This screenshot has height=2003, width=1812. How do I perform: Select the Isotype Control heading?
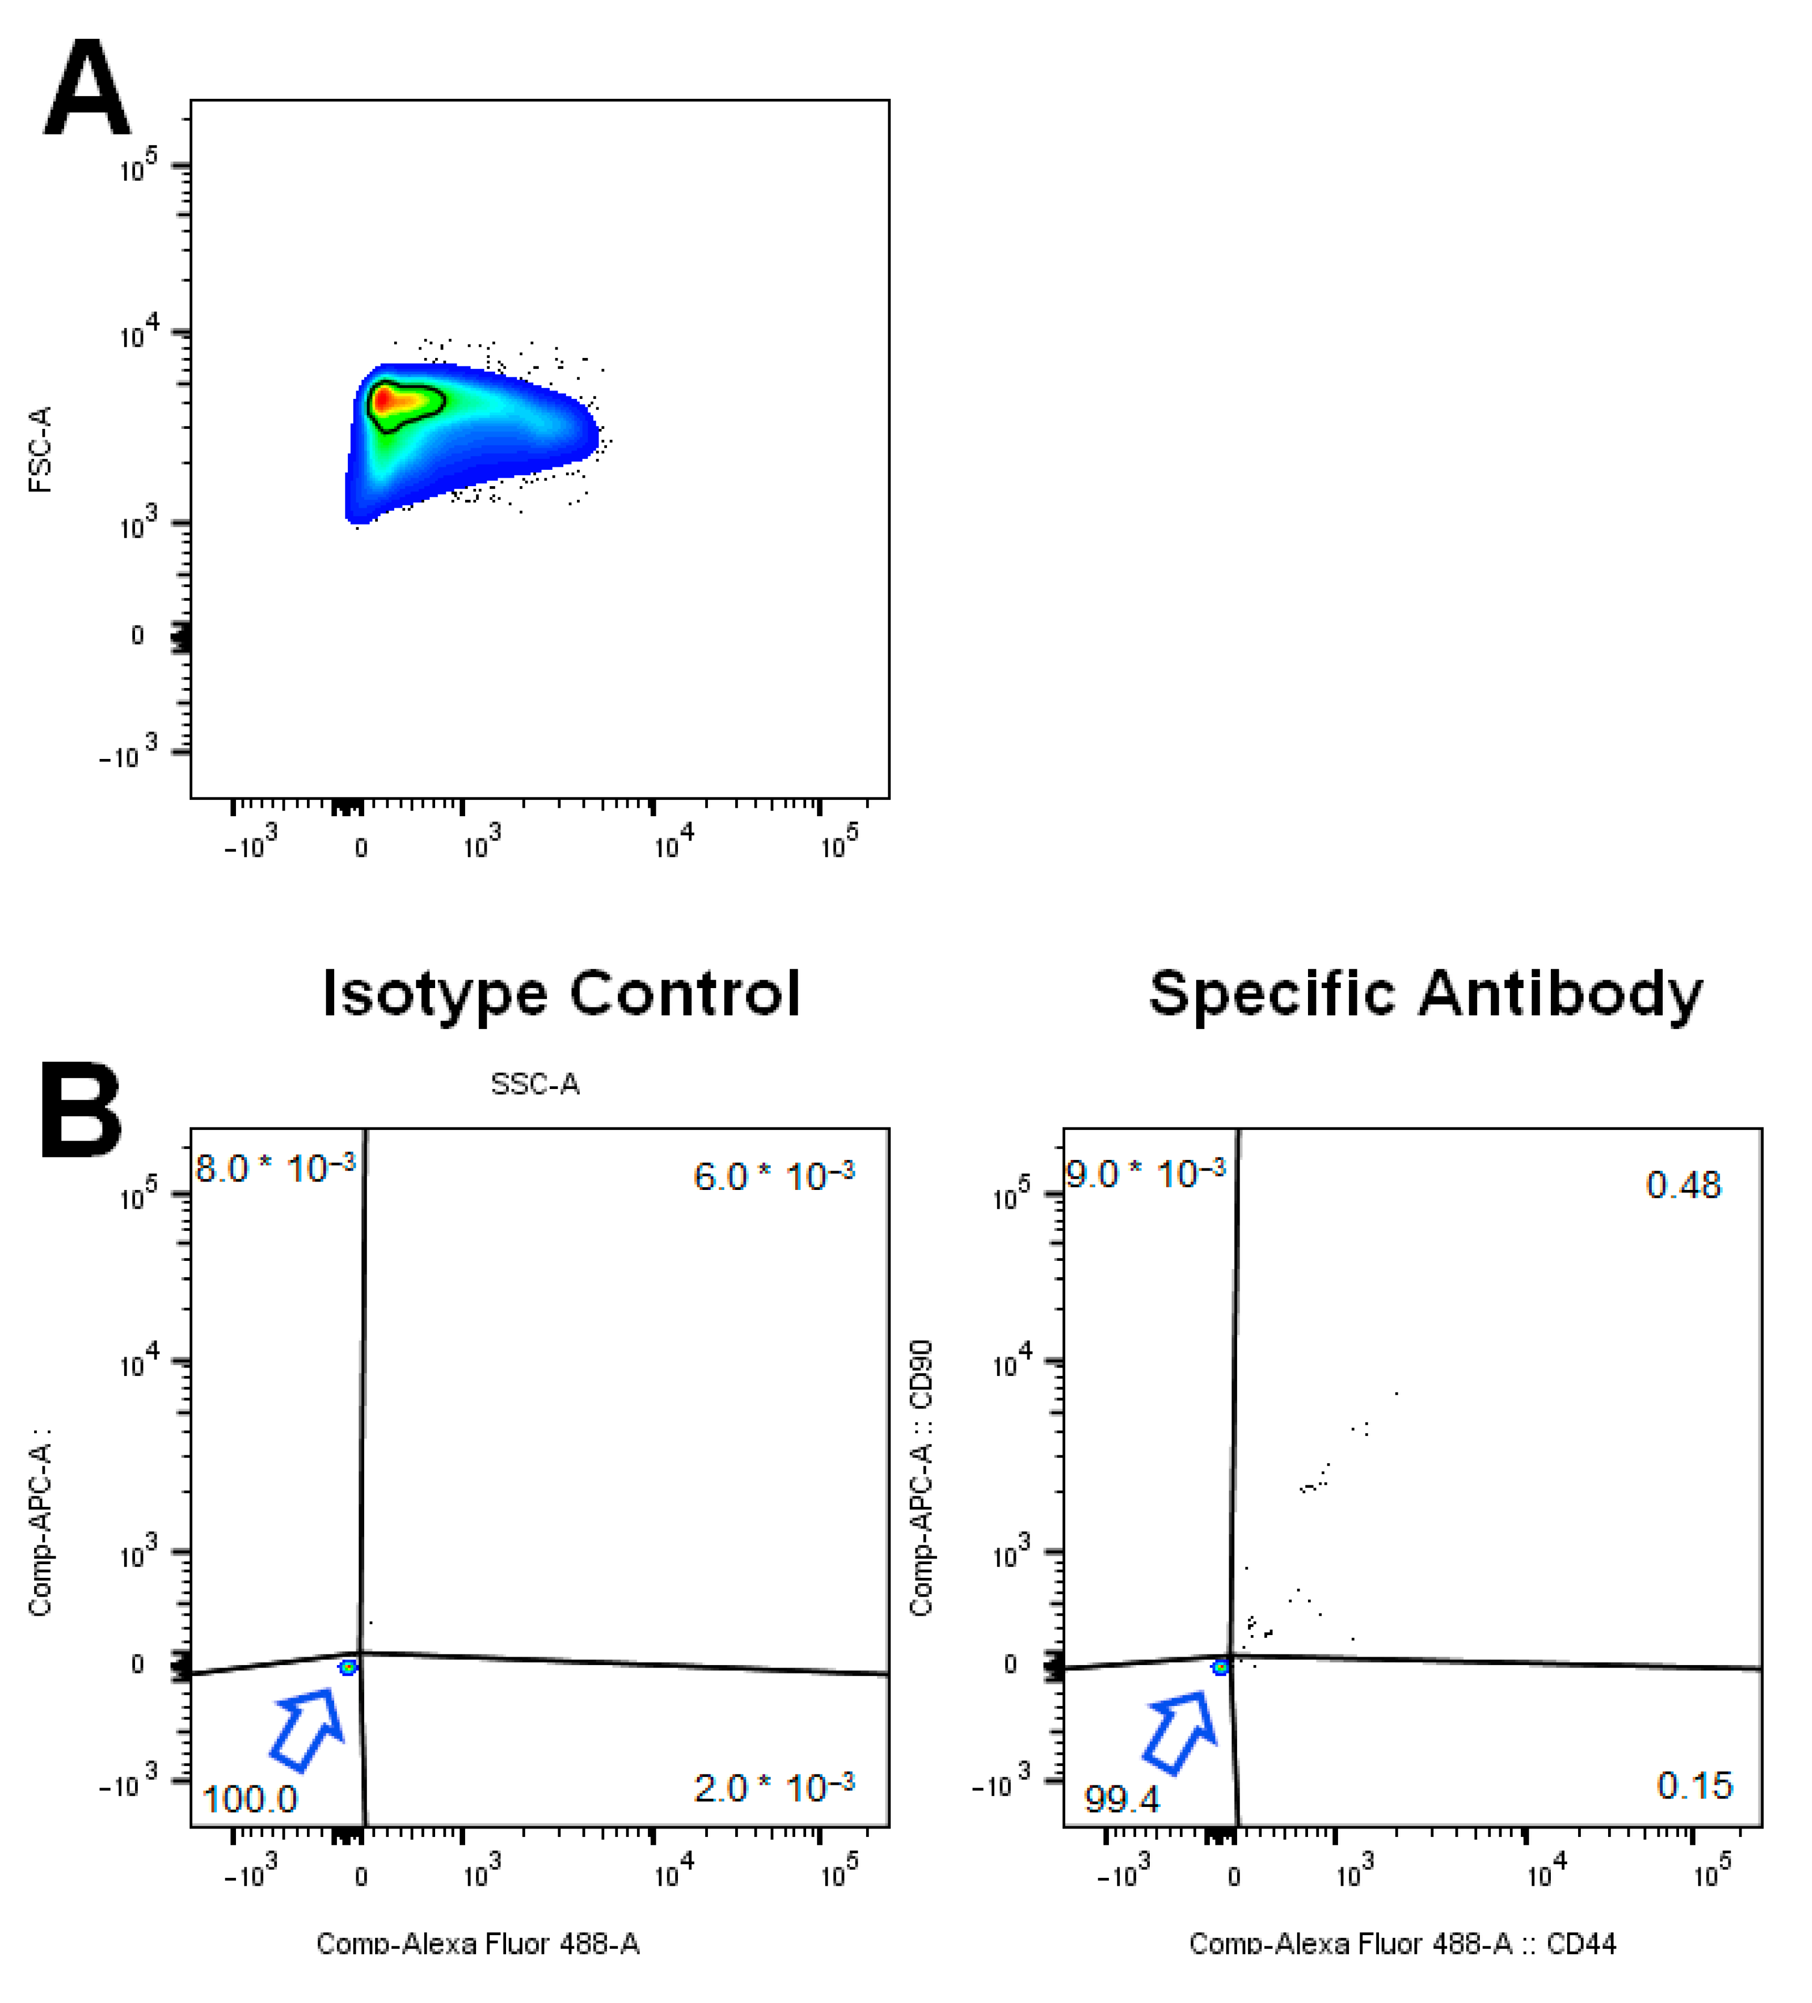click(561, 993)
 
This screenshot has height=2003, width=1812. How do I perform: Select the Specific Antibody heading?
click(1426, 993)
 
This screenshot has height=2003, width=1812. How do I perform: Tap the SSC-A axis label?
click(534, 1084)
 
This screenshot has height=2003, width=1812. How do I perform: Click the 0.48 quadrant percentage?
click(1683, 1185)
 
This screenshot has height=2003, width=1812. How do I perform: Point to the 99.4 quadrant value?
click(1121, 1799)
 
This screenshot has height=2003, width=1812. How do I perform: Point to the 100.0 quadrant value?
click(249, 1799)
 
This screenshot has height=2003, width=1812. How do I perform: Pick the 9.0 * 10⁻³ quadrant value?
click(1146, 1174)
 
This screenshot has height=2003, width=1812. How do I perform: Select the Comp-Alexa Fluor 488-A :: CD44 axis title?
click(1402, 1944)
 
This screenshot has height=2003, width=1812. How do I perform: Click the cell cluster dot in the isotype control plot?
click(348, 1667)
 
